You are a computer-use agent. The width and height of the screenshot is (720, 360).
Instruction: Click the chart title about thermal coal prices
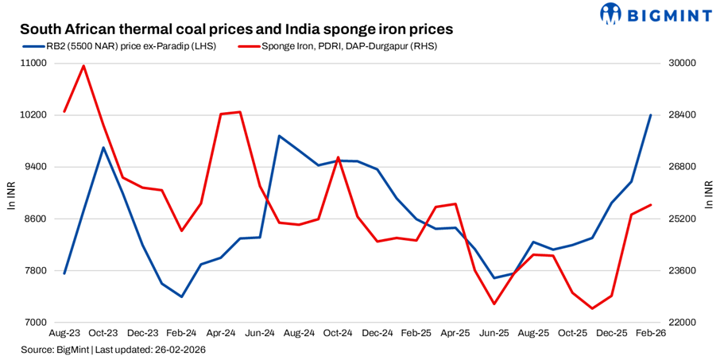tap(236, 29)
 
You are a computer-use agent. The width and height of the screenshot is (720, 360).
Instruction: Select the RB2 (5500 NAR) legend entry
tap(119, 46)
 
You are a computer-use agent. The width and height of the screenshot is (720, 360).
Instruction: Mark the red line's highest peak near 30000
tap(83, 66)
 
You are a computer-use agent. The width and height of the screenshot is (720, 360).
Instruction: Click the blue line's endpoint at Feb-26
tap(651, 115)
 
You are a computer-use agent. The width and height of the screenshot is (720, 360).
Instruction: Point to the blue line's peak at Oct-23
tap(103, 148)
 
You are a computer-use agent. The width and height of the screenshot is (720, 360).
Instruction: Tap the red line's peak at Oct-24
tap(339, 157)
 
